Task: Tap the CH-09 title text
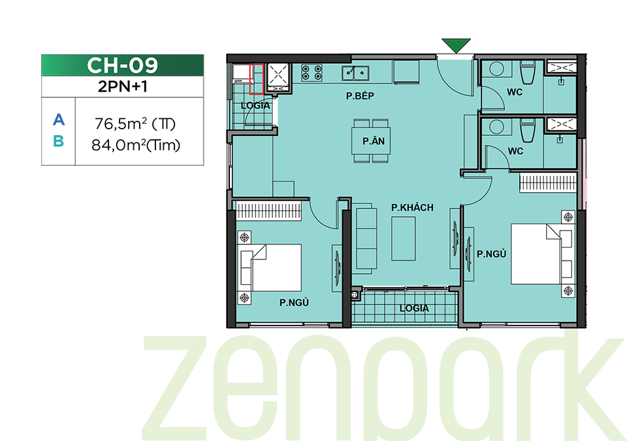pos(122,65)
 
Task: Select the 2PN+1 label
pos(122,86)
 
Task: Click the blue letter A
pos(58,120)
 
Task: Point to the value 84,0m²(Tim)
pos(136,145)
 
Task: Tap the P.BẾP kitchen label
pos(360,95)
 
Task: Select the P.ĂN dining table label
pos(374,141)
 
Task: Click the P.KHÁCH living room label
pos(412,207)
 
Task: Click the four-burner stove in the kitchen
pos(312,73)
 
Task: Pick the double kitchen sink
pos(355,73)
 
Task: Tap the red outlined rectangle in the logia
pos(256,79)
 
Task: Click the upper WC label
pos(515,92)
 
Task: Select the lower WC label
pos(515,152)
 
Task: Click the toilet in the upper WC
pos(528,73)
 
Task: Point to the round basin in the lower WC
pos(496,127)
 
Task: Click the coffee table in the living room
pos(404,238)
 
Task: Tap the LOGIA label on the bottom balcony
pos(414,308)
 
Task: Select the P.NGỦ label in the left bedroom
pos(294,302)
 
